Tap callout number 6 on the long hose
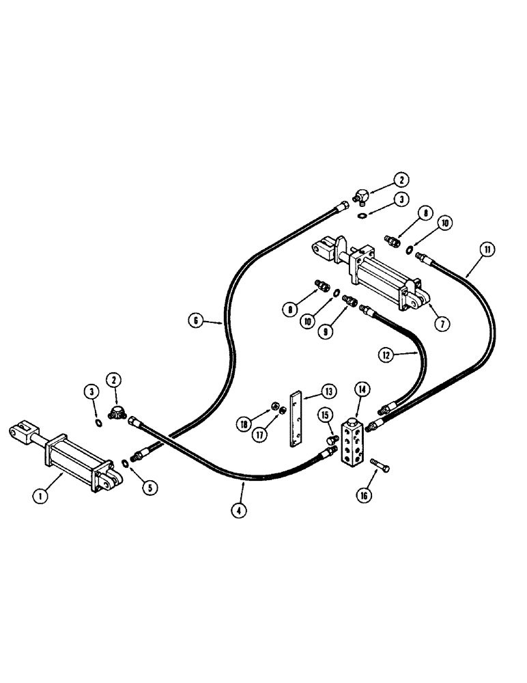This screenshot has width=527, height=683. click(196, 318)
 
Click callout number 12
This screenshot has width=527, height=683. click(386, 354)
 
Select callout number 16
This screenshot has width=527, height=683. click(365, 495)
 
